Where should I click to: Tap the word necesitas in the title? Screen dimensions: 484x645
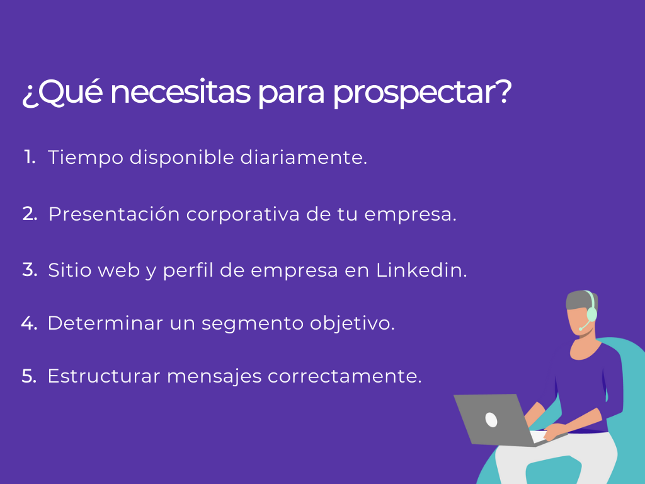pos(183,93)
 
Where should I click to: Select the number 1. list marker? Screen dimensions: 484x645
pos(30,157)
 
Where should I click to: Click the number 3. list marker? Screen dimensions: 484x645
pos(30,270)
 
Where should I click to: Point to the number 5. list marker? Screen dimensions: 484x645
pos(30,376)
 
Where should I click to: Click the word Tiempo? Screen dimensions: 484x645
pos(85,158)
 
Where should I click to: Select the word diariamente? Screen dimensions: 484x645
pos(303,158)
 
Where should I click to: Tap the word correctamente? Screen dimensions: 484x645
pos(345,377)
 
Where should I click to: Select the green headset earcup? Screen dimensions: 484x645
pos(591,313)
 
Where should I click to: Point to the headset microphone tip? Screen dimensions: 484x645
pos(580,328)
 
